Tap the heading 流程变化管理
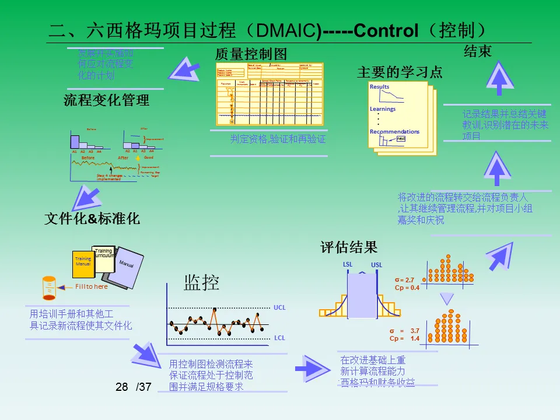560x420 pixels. click(x=106, y=100)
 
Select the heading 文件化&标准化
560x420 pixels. click(x=92, y=219)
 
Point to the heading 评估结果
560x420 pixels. click(x=349, y=247)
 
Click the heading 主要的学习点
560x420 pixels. click(x=400, y=72)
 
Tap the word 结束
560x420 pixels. click(x=478, y=51)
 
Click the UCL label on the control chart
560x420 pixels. click(x=279, y=306)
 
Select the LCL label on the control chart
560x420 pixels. click(x=279, y=338)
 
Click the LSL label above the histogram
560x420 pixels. click(x=348, y=264)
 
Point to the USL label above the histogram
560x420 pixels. click(x=377, y=265)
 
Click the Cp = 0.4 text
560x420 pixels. click(x=407, y=288)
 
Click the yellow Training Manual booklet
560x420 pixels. click(x=83, y=262)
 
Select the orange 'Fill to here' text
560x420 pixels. click(x=92, y=286)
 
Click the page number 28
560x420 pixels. click(x=121, y=387)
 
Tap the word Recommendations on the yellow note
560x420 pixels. click(x=394, y=132)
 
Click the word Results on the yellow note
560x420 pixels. click(x=379, y=87)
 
